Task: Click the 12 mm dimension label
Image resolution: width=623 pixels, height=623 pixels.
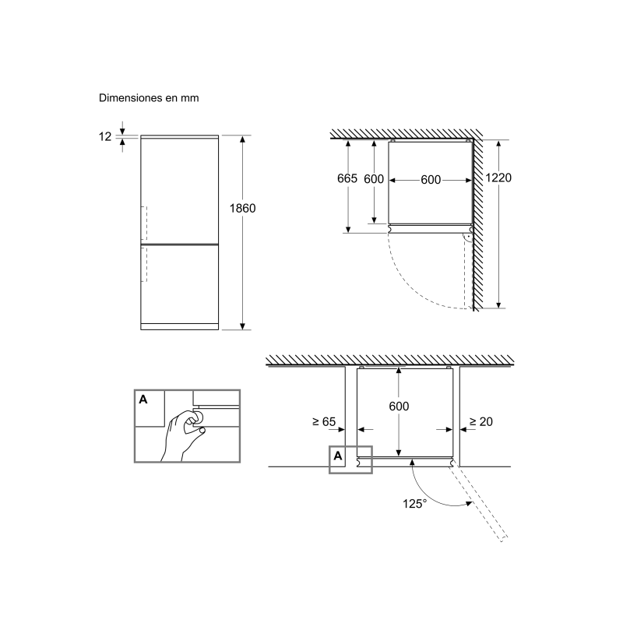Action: coord(105,137)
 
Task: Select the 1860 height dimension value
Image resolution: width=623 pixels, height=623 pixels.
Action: coord(243,209)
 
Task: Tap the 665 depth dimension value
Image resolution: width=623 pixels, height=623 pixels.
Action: coord(347,179)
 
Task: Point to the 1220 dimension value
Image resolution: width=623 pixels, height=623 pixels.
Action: coord(498,178)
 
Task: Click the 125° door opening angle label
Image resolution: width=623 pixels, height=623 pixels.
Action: coord(415,504)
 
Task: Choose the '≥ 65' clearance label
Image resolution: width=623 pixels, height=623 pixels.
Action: coord(323,422)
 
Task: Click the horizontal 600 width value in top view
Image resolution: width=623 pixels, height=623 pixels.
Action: coord(431,180)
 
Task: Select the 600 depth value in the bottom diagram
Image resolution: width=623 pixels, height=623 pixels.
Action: coord(398,407)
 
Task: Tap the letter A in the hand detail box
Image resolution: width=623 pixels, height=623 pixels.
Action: coord(143,399)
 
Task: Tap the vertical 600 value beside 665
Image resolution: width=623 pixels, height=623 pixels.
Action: coord(374,179)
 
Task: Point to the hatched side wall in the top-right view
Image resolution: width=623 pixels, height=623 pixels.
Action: coord(484,226)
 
